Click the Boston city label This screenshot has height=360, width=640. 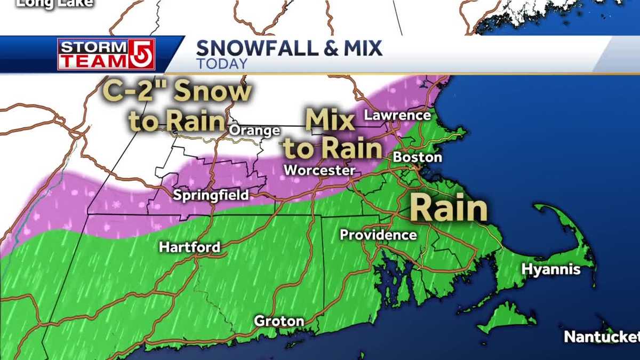tap(417, 158)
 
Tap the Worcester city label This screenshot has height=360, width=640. tap(319, 171)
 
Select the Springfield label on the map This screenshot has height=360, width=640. tap(211, 196)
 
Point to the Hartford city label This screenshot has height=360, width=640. tap(189, 247)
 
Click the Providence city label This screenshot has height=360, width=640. tap(378, 235)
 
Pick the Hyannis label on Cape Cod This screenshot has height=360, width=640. tap(551, 270)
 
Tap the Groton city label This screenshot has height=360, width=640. tap(279, 321)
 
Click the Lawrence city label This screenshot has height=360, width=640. tap(397, 115)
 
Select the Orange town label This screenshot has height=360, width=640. tap(254, 131)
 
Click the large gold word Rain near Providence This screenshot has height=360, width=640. tap(449, 209)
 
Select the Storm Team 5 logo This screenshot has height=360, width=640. tap(106, 54)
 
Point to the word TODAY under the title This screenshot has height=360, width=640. tap(221, 64)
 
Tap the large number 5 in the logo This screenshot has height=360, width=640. tap(142, 54)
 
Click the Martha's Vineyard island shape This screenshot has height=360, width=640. tap(507, 316)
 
